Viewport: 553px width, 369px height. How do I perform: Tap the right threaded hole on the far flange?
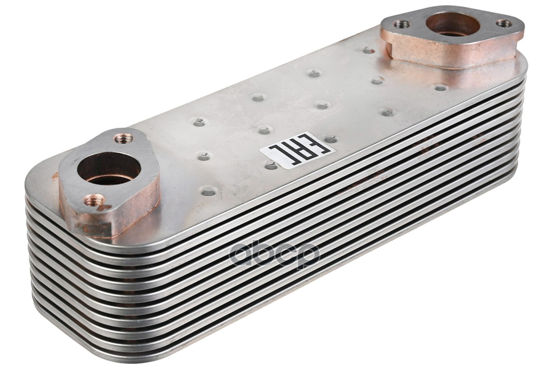pos(504,23)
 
